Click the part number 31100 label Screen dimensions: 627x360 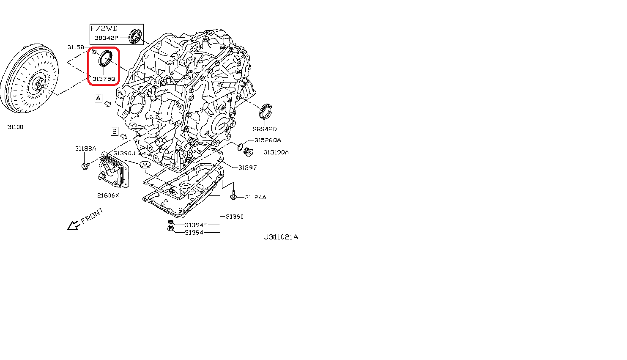point(15,127)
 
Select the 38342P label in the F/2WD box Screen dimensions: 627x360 point(107,38)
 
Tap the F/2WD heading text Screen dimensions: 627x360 point(104,28)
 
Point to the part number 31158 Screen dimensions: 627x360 point(76,47)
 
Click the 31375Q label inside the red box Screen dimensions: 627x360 point(104,79)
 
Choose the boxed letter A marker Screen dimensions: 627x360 point(98,98)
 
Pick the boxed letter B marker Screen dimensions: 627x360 point(115,132)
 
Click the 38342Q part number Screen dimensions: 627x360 point(265,129)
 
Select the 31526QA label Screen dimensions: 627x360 point(268,140)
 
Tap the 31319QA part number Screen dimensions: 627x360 point(276,152)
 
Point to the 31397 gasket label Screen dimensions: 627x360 point(247,168)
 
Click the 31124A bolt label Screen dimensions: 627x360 point(255,198)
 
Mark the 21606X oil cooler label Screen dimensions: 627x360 point(108,195)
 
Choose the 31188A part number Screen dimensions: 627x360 point(86,148)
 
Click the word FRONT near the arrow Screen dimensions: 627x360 point(92,216)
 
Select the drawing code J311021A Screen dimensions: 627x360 point(281,237)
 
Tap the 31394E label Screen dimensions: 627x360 point(196,225)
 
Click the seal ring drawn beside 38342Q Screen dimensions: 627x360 point(266,111)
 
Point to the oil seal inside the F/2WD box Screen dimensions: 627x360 point(135,36)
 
